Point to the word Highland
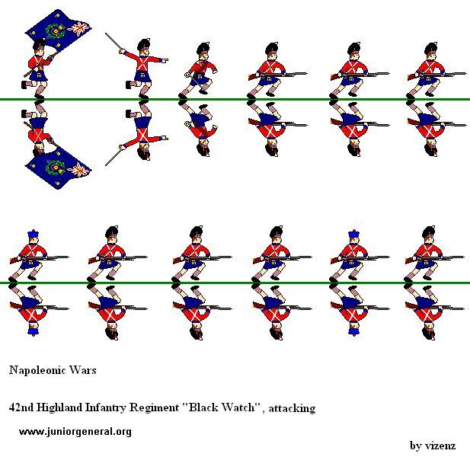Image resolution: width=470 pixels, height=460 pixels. pos(62,408)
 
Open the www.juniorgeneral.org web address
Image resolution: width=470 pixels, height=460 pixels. pos(75,432)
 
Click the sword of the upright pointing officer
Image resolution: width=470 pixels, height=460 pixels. pos(117,44)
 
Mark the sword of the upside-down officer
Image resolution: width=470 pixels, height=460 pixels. pos(117,155)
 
